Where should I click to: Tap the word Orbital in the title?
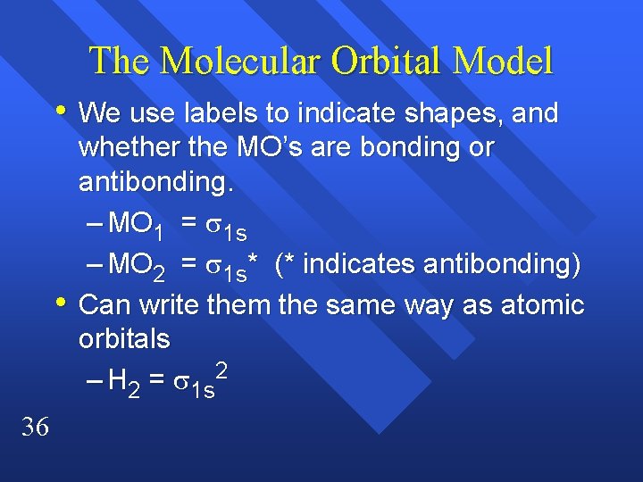[x=387, y=61]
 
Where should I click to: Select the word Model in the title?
[x=503, y=61]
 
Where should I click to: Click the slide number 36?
[x=35, y=428]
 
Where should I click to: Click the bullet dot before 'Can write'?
[x=60, y=304]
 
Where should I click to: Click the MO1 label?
[x=134, y=224]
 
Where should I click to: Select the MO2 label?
[x=134, y=266]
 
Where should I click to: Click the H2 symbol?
[x=122, y=384]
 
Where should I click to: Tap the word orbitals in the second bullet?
[x=124, y=340]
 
